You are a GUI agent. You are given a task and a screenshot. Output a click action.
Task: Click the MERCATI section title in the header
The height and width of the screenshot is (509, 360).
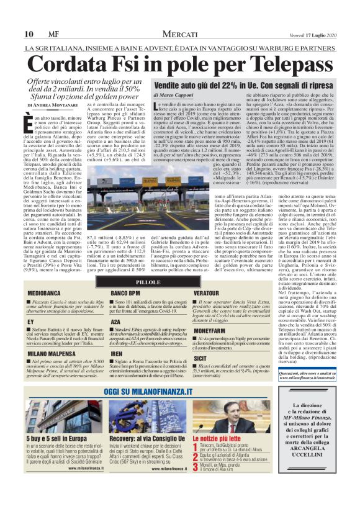[x=180, y=34]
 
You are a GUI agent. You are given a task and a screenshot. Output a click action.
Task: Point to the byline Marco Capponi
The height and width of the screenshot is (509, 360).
[x=177, y=95]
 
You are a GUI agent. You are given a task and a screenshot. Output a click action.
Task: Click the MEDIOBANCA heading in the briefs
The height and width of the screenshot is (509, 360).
[x=44, y=292]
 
